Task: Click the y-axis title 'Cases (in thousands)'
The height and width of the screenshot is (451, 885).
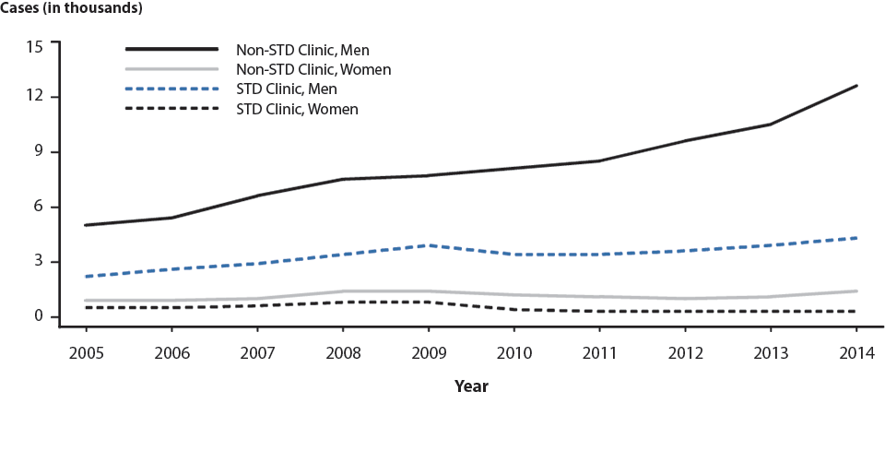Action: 73,9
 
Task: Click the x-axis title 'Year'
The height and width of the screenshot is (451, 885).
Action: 471,386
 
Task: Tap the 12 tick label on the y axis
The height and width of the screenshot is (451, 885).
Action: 36,97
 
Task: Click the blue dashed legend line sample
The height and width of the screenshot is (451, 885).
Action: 171,89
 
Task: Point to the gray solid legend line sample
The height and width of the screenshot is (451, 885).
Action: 171,69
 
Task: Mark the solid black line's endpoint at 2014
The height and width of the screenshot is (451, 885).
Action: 856,86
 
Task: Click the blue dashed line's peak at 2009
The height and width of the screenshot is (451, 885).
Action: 428,245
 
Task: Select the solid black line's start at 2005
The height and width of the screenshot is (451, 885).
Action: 86,225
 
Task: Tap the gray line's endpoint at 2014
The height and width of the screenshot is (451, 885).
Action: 856,291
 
